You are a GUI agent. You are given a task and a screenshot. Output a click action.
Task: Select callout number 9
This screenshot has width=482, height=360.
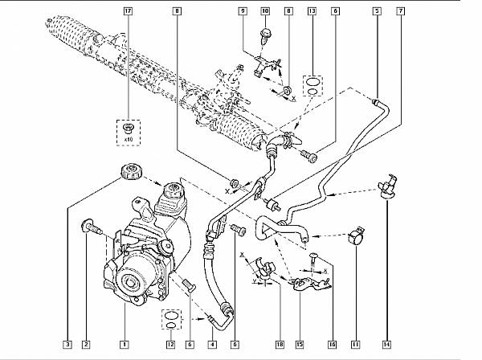[x=242, y=12]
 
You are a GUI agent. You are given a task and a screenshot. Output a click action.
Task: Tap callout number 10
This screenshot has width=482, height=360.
[x=265, y=12]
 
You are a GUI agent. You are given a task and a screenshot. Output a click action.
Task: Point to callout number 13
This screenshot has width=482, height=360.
[x=312, y=12]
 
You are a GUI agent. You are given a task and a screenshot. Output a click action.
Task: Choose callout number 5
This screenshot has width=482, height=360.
[x=377, y=12]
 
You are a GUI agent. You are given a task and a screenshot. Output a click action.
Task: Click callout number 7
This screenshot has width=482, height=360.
[x=400, y=12]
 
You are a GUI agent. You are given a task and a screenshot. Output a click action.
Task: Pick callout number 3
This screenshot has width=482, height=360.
[x=67, y=344]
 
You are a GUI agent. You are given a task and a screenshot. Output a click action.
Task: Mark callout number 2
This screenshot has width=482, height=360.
[x=86, y=344]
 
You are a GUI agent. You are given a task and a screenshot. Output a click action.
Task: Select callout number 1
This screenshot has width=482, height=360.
[x=124, y=344]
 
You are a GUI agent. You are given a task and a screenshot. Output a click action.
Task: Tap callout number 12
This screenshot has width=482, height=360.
[x=170, y=344]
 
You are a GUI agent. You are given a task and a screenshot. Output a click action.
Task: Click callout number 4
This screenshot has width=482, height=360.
[x=212, y=344]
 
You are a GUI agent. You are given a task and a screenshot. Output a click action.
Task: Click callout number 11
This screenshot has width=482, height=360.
[x=353, y=344]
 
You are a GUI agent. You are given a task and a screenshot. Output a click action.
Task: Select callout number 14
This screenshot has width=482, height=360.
[x=386, y=344]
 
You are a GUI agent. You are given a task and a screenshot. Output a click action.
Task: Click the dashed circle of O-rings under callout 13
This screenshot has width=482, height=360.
[x=312, y=85]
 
